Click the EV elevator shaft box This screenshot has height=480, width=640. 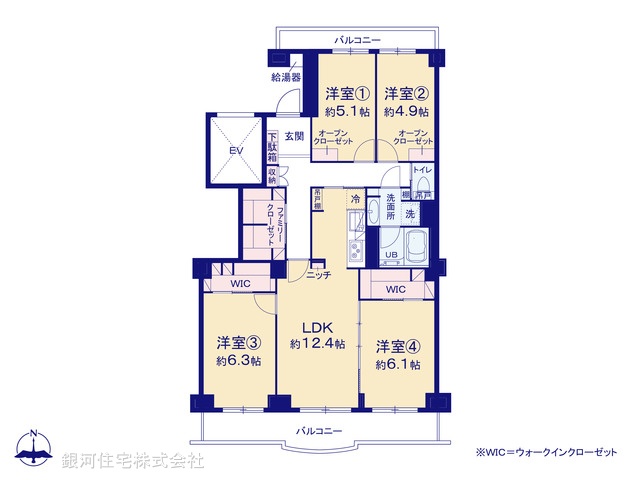[x=236, y=150]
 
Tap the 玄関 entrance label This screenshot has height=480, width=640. [x=293, y=136]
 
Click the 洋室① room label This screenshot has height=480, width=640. [x=346, y=94]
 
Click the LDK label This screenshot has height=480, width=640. [x=318, y=326]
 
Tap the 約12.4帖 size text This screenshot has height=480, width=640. [x=318, y=344]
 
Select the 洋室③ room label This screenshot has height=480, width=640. [x=238, y=341]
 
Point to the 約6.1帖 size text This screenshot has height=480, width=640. [x=397, y=365]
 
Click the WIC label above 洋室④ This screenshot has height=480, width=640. [x=395, y=290]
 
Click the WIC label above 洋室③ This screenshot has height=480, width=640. [x=240, y=285]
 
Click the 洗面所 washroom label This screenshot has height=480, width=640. [x=384, y=207]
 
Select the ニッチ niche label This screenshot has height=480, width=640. [x=319, y=274]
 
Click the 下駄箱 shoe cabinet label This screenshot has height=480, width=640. [x=271, y=147]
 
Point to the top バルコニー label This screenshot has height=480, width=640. [x=358, y=39]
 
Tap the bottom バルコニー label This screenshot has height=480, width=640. [x=319, y=431]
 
